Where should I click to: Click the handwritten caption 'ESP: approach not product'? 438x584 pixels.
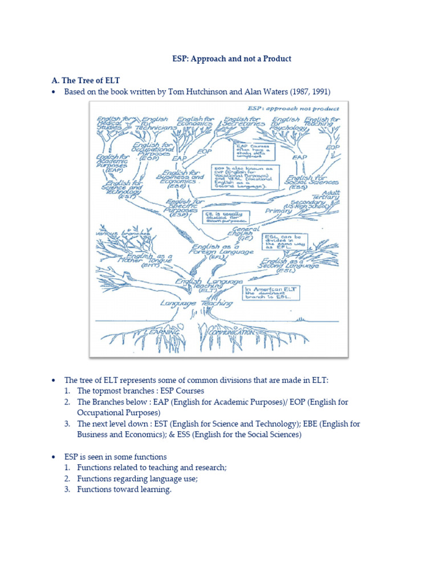[293, 108]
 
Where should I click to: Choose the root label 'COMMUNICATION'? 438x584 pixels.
[232, 331]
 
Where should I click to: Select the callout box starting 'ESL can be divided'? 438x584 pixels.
[285, 244]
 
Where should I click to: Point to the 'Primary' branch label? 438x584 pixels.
[279, 210]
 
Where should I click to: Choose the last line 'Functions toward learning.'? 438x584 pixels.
[124, 489]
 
